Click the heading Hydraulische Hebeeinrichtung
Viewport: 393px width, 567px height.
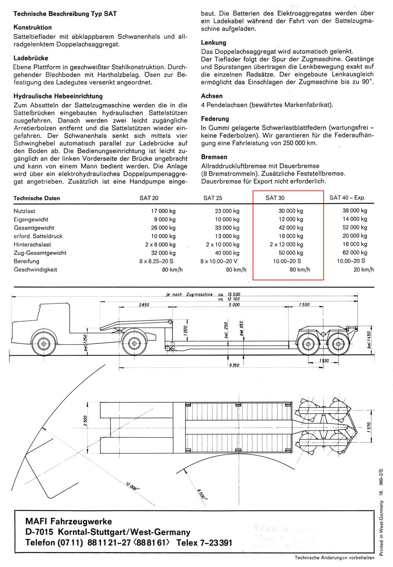point(58,96)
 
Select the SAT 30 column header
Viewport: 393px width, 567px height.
point(275,198)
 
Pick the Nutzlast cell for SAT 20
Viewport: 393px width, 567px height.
point(163,211)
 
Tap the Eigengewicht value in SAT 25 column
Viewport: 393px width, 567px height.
point(228,219)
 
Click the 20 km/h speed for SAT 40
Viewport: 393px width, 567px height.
point(364,270)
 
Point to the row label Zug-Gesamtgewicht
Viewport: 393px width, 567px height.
point(40,253)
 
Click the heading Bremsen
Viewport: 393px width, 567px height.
point(214,157)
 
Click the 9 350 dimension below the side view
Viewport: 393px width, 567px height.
point(234,365)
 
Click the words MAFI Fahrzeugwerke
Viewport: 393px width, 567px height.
point(69,521)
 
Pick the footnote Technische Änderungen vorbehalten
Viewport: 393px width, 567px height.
point(334,557)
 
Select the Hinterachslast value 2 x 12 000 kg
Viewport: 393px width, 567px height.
point(286,244)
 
